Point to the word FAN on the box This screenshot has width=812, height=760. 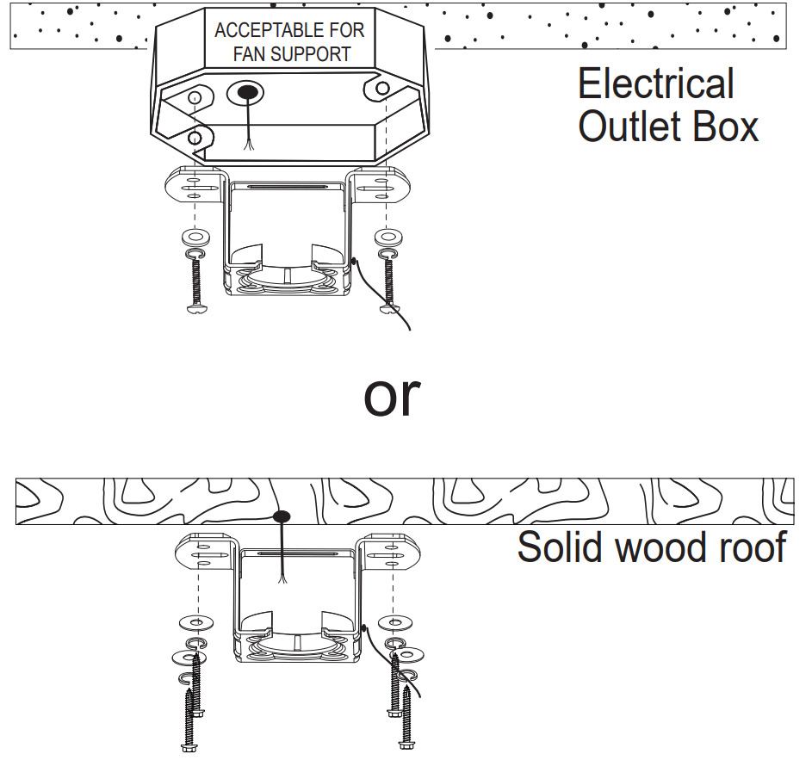pyautogui.click(x=249, y=54)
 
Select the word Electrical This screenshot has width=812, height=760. pyautogui.click(x=655, y=84)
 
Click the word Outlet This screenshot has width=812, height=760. pyautogui.click(x=629, y=127)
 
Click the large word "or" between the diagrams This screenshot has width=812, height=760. pyautogui.click(x=393, y=394)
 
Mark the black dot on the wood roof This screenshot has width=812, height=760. pyautogui.click(x=280, y=516)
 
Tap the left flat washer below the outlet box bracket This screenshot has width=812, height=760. pyautogui.click(x=195, y=236)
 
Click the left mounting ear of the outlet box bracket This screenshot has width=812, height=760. pyautogui.click(x=196, y=184)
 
